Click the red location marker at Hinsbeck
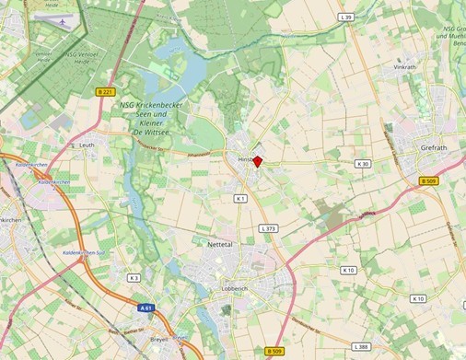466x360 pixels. point(258,161)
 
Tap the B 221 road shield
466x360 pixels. point(105,92)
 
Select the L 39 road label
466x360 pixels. point(346,17)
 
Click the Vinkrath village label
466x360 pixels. point(405,67)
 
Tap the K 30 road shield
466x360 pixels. point(363,164)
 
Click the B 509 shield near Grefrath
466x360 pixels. point(427,181)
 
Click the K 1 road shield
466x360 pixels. point(240,198)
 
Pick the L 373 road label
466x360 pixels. point(268,227)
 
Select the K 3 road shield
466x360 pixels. point(134,277)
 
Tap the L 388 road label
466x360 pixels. point(362,345)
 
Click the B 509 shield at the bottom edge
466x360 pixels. point(274,352)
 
